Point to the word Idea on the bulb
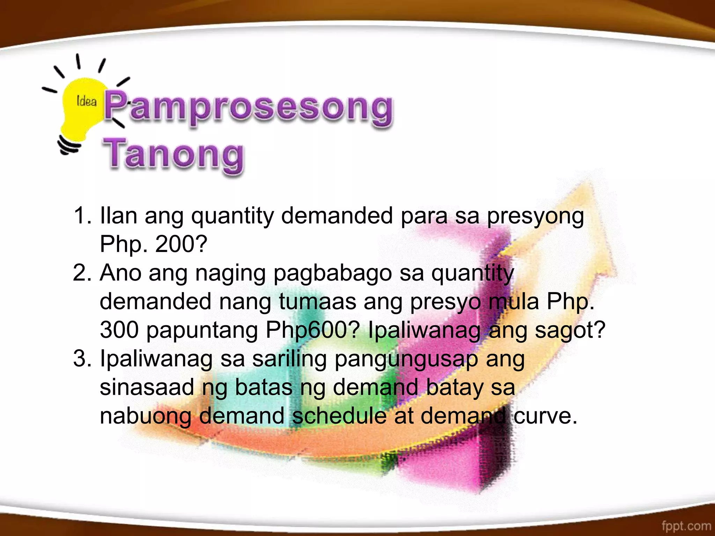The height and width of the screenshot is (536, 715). tap(86, 102)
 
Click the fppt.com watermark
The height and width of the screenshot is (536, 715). tap(686, 526)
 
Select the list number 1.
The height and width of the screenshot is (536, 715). tap(82, 215)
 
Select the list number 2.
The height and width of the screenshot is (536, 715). tap(82, 273)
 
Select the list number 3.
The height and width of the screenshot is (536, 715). tap(82, 358)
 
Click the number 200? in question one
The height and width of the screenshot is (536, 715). tap(181, 244)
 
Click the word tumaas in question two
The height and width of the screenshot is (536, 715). tap(317, 301)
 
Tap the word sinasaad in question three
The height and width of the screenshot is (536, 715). tap(147, 387)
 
